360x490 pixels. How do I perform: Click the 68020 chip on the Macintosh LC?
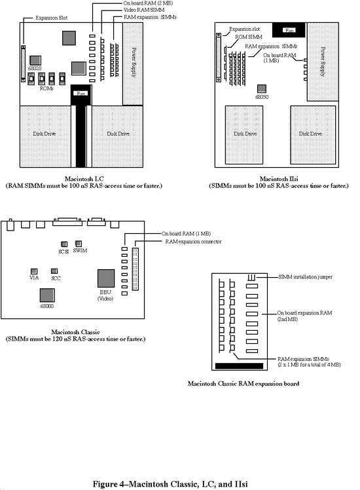(37, 58)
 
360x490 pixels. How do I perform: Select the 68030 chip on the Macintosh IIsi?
(261, 88)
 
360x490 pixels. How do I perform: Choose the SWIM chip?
(80, 242)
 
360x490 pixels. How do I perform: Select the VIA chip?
(34, 271)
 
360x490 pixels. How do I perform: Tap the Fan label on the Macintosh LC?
(81, 93)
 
